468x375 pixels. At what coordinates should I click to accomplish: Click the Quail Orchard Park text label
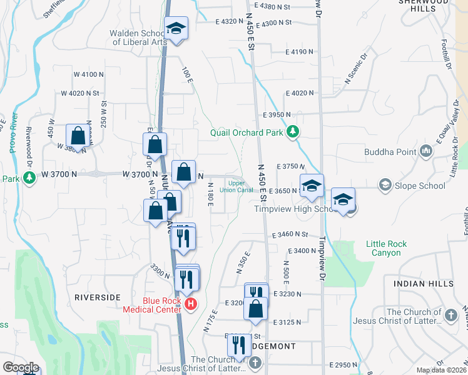pyautogui.click(x=247, y=132)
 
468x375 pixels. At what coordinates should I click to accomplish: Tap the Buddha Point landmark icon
pyautogui.click(x=426, y=151)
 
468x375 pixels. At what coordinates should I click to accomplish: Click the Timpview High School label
pyautogui.click(x=297, y=209)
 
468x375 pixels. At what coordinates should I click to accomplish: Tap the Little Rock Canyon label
pyautogui.click(x=386, y=248)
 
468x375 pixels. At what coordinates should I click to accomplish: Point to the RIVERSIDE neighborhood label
pyautogui.click(x=97, y=297)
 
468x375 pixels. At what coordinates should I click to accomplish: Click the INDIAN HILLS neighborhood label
pyautogui.click(x=424, y=284)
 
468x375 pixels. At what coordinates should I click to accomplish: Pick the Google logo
pyautogui.click(x=21, y=367)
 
